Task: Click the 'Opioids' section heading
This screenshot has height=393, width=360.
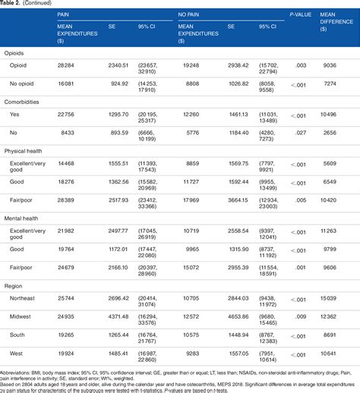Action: (x=17, y=54)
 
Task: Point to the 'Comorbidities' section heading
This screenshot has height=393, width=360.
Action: (x=25, y=102)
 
